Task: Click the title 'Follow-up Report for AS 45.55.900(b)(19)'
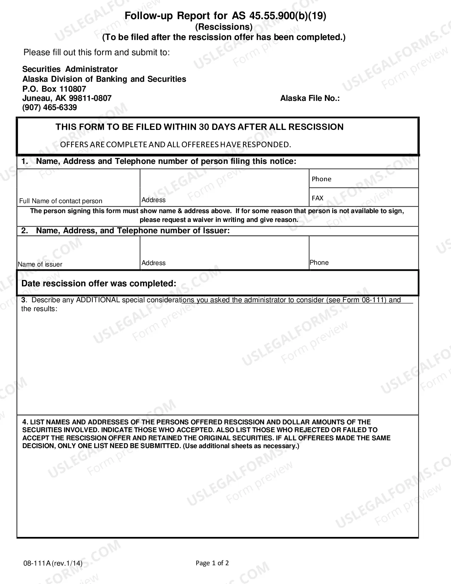[225, 16]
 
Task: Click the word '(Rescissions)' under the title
[224, 27]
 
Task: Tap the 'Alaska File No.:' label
[310, 98]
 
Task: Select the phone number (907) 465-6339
[50, 108]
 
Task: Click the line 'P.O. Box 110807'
[54, 89]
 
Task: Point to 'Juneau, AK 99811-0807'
[67, 98]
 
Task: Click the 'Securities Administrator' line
[70, 69]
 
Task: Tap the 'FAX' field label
[318, 198]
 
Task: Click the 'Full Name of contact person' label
[61, 201]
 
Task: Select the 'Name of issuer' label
[40, 264]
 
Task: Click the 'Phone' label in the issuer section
[319, 263]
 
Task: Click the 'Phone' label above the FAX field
[322, 179]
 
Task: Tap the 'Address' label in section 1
[154, 200]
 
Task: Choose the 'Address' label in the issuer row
[154, 263]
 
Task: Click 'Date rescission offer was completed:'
[99, 284]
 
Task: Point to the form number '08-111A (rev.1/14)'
[53, 563]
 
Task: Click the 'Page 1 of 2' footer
[212, 563]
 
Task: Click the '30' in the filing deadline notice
[204, 127]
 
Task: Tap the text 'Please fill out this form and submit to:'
[97, 52]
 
